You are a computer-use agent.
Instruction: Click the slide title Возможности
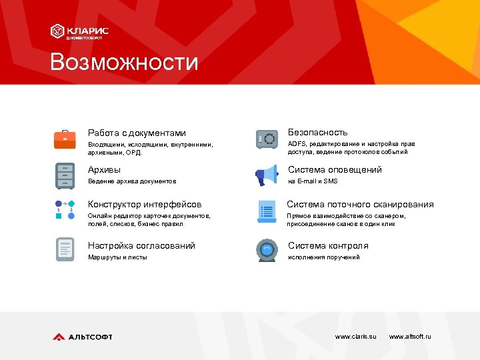tap(124, 62)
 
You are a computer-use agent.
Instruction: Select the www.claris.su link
tap(355, 337)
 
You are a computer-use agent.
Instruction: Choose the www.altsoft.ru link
tap(409, 337)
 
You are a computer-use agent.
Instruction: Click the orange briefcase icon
tap(65, 139)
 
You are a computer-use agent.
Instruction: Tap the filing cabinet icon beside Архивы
tap(65, 175)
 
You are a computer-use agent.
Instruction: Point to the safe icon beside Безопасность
tap(267, 139)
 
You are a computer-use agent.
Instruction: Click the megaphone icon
tap(267, 176)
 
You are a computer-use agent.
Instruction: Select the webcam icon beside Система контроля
tap(267, 250)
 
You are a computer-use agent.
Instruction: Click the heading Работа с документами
tap(137, 133)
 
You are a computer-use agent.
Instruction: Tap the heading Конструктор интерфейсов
tap(145, 205)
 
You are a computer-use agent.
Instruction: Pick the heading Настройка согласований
tap(141, 246)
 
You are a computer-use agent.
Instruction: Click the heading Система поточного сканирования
tap(360, 205)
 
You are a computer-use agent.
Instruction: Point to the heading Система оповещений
tap(335, 170)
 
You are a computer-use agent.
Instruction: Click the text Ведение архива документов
tap(132, 181)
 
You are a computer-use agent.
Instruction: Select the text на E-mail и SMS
tap(313, 181)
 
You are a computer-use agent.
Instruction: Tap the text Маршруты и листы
tap(117, 257)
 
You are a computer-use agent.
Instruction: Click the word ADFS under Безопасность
tap(296, 144)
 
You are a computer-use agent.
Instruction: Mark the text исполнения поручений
tap(323, 257)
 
